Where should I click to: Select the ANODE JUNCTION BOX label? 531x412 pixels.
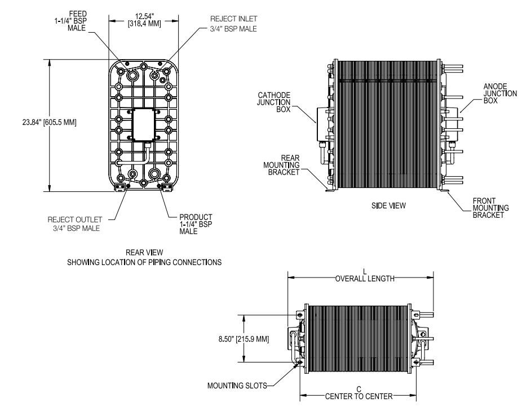(499, 94)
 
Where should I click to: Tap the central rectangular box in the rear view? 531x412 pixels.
(140, 124)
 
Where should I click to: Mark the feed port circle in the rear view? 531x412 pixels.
(133, 75)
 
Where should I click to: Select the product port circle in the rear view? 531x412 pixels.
(155, 172)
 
